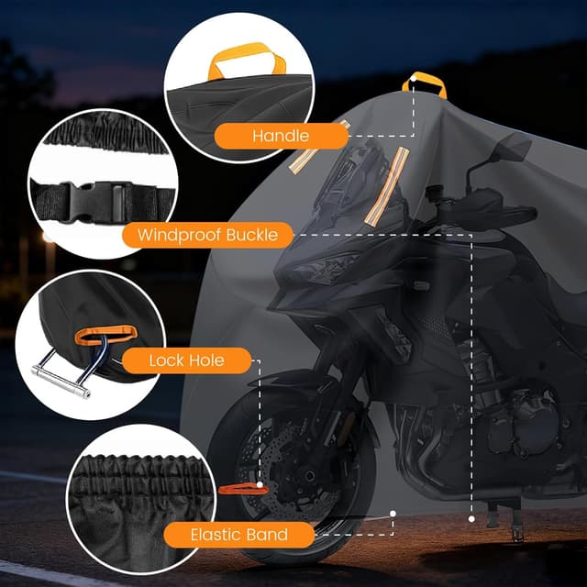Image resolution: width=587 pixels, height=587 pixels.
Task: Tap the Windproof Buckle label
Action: (x=207, y=236)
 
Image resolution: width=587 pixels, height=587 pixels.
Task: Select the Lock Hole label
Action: (x=186, y=360)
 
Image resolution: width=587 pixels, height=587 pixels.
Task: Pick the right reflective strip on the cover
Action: (x=385, y=187)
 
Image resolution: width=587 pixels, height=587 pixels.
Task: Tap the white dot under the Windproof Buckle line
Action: (x=471, y=518)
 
